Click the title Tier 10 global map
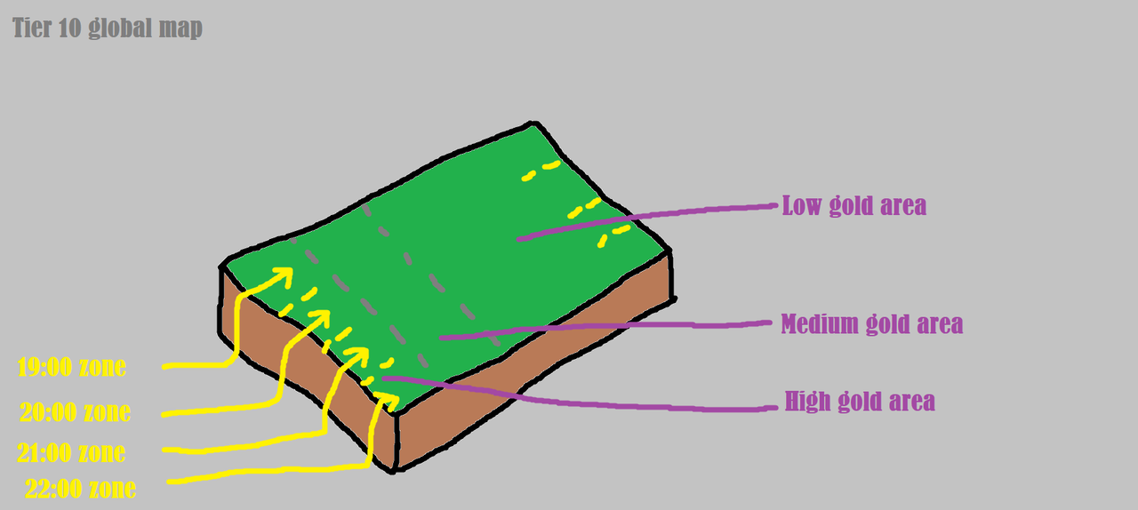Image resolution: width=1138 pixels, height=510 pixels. (108, 28)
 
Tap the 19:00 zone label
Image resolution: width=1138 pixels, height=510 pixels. (72, 366)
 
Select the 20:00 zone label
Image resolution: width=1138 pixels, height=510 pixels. (76, 412)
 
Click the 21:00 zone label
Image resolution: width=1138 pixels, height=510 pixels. (71, 453)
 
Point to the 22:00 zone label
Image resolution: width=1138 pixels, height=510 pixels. (81, 489)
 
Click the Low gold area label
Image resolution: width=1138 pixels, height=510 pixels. (853, 206)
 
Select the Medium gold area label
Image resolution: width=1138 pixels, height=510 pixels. (871, 323)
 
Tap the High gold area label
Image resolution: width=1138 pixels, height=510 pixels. (860, 402)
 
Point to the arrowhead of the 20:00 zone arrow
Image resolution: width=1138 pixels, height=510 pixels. (321, 318)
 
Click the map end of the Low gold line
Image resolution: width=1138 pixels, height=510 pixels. (519, 238)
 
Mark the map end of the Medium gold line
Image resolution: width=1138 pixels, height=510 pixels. (442, 338)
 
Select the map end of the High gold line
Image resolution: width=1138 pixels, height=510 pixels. (385, 379)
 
